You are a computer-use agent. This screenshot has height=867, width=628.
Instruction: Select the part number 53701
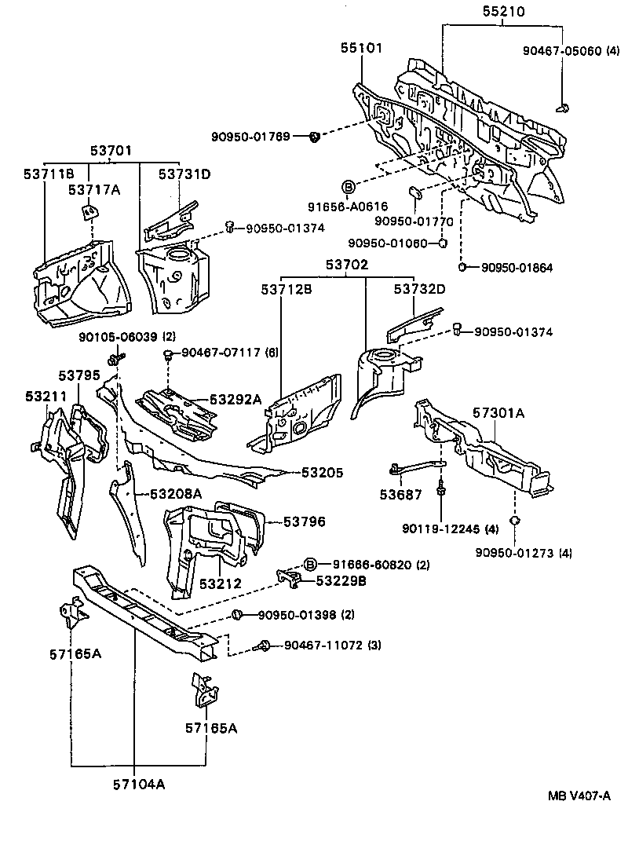[x=109, y=151]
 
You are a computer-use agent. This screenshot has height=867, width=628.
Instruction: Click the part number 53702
[x=346, y=266]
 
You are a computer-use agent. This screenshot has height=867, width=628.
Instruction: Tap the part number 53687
[x=400, y=495]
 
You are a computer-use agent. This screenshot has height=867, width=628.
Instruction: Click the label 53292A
[x=235, y=400]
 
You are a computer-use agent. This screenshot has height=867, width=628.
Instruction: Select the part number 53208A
[x=176, y=493]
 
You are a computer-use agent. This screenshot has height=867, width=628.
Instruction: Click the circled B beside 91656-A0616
[x=348, y=186]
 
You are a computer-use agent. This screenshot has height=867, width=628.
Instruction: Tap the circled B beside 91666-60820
[x=310, y=564]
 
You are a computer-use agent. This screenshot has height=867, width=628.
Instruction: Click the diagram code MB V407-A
[x=579, y=796]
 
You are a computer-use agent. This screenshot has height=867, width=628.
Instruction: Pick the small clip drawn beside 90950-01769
[x=314, y=137]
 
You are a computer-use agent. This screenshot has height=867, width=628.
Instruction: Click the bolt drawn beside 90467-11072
[x=265, y=646]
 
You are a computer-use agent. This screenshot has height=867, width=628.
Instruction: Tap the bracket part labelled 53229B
[x=290, y=579]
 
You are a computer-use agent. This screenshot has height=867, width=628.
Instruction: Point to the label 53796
[x=305, y=521]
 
